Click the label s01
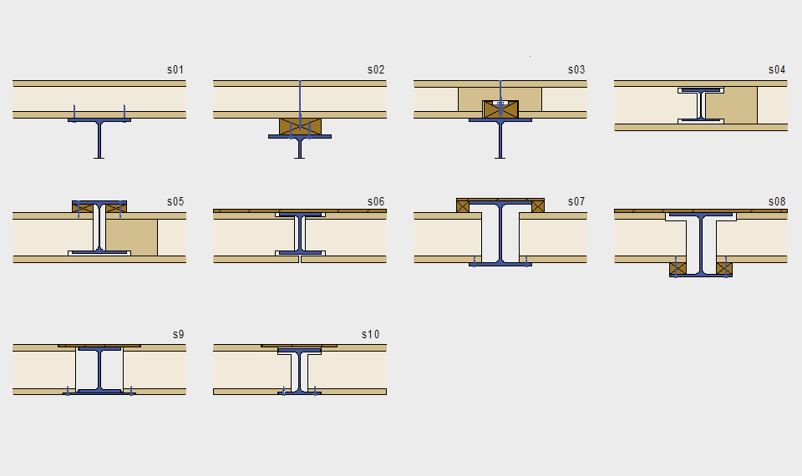[175, 69]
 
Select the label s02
[375, 69]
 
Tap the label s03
[576, 69]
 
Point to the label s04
[776, 69]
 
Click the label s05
[175, 201]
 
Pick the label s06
[375, 201]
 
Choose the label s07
[576, 201]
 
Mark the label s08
[776, 201]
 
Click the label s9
[178, 334]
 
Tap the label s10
[370, 334]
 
